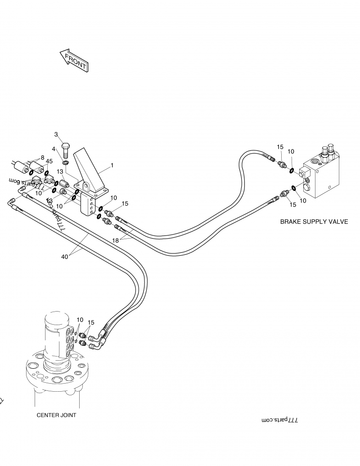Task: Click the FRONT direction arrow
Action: click(74, 60)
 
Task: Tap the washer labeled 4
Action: click(66, 162)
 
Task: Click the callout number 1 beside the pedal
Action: click(112, 165)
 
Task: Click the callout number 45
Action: click(49, 161)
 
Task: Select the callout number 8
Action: click(42, 158)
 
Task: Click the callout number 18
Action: click(116, 241)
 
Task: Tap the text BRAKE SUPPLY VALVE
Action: click(314, 222)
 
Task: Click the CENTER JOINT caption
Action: click(56, 415)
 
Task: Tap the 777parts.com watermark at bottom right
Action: click(280, 420)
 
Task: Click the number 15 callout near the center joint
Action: click(91, 322)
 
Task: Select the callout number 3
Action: click(56, 134)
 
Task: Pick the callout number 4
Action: click(53, 149)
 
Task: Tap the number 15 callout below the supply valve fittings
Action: click(293, 204)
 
